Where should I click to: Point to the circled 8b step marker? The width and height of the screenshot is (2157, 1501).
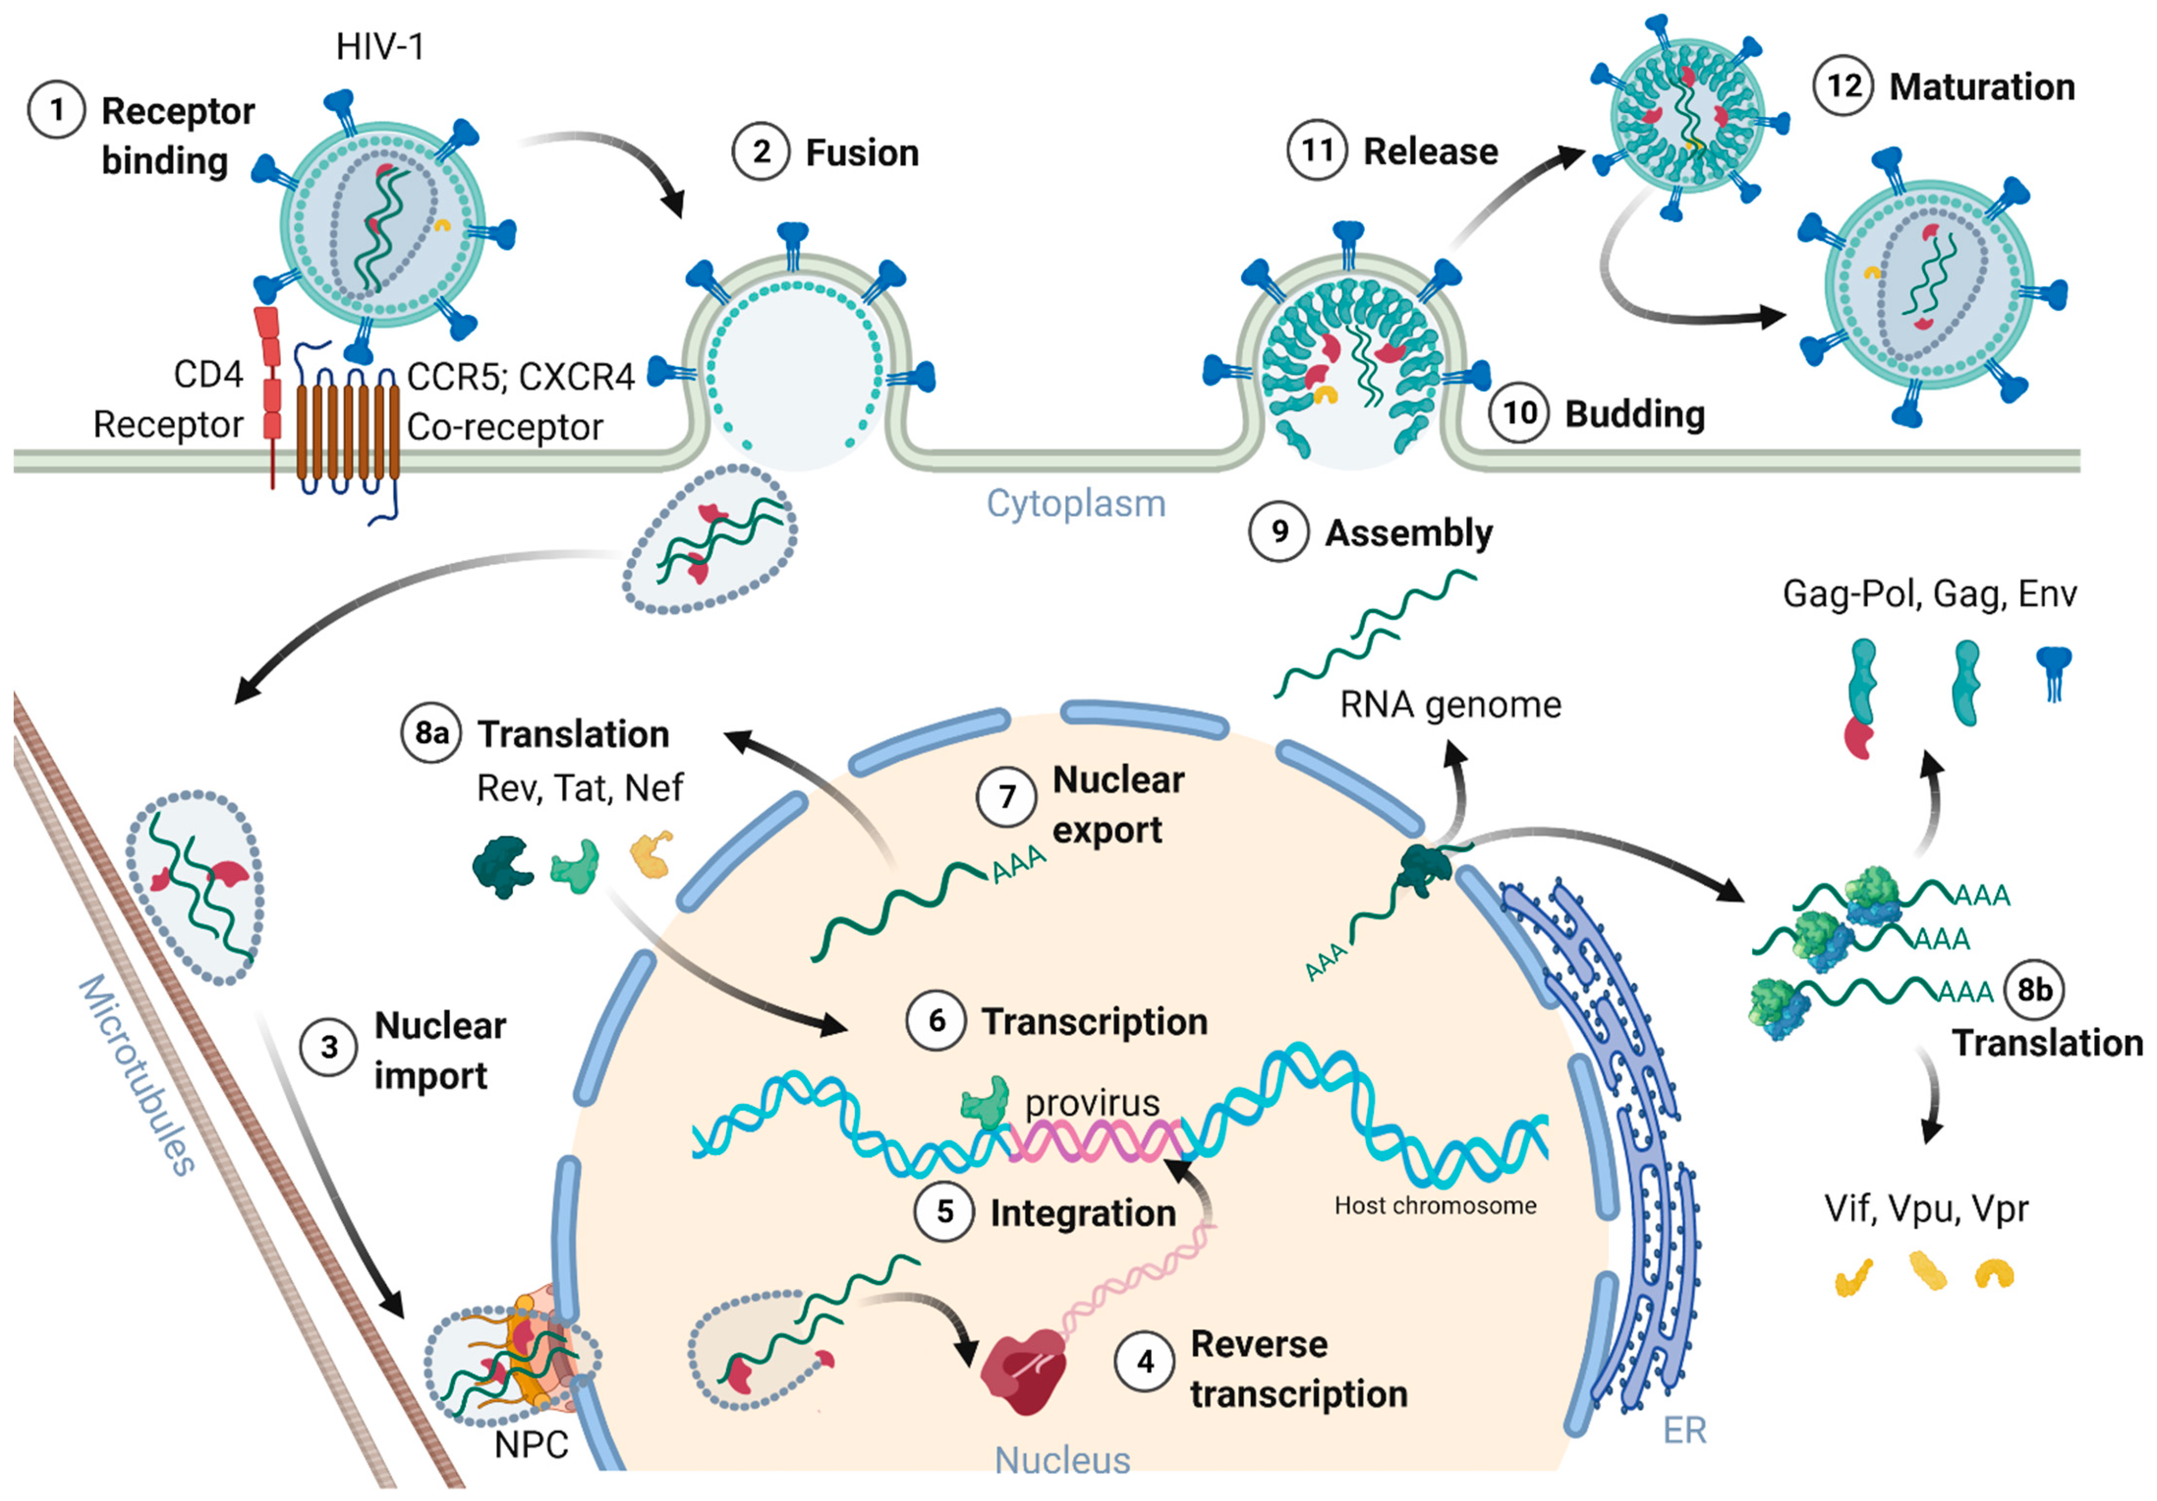[x=2034, y=989]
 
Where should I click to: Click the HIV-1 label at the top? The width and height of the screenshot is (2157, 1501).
[x=380, y=46]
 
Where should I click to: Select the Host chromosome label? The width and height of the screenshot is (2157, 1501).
[x=1435, y=1205]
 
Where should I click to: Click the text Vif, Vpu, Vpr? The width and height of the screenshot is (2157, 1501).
[x=1926, y=1209]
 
